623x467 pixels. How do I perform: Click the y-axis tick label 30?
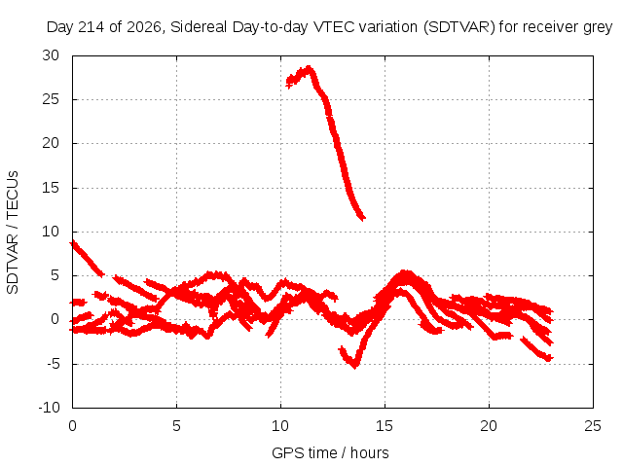click(x=51, y=55)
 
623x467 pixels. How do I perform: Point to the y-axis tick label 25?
click(x=51, y=99)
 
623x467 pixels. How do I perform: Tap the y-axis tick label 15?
click(x=51, y=188)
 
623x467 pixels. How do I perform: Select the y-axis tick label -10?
click(x=49, y=408)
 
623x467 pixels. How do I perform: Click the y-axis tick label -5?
click(x=53, y=364)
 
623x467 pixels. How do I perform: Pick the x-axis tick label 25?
click(x=593, y=426)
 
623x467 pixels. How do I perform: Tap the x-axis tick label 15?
click(x=385, y=426)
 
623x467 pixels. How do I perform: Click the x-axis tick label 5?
click(x=176, y=426)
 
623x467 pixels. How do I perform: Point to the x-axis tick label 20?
click(x=489, y=426)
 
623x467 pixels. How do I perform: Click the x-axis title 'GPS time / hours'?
click(x=330, y=453)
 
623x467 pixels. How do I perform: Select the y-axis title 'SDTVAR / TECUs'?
click(x=13, y=233)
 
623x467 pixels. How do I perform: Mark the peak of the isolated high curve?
click(x=309, y=68)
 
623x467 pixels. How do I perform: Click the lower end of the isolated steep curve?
click(x=362, y=218)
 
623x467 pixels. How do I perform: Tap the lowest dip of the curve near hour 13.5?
click(x=354, y=366)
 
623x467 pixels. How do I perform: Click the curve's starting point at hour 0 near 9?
click(x=73, y=242)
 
